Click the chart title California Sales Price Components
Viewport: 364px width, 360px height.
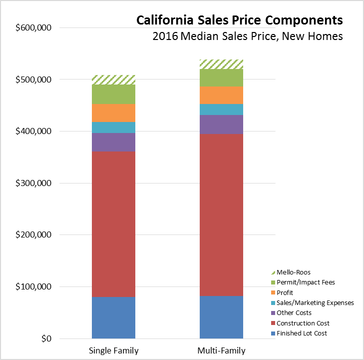pos(239,20)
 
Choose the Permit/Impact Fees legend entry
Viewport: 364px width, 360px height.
pos(306,282)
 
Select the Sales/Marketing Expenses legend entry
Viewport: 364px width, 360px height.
pos(316,302)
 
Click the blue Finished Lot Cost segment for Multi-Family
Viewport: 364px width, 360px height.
pos(221,317)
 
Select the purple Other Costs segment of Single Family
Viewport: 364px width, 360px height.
pos(113,142)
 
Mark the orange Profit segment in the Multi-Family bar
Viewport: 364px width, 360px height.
pos(221,95)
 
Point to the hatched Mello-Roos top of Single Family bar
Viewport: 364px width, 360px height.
pos(113,79)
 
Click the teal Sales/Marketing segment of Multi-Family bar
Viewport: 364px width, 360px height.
pos(221,109)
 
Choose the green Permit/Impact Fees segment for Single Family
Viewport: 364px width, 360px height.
pos(113,94)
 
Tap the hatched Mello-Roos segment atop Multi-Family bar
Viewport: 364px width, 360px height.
pos(221,64)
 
